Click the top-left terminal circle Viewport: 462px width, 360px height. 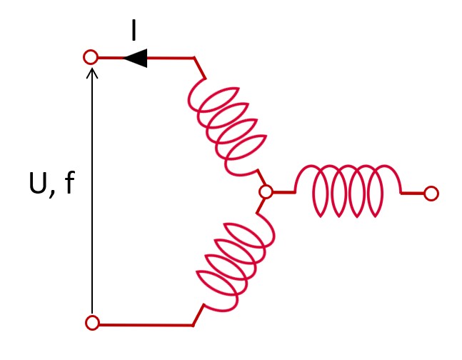click(x=91, y=57)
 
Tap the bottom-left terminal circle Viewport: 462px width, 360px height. click(x=92, y=323)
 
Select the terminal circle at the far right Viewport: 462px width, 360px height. click(x=431, y=193)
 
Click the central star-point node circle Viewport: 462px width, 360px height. click(x=266, y=192)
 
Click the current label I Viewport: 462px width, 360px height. click(x=134, y=31)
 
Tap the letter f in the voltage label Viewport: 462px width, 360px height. click(x=69, y=184)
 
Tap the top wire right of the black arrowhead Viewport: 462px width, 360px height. click(x=171, y=58)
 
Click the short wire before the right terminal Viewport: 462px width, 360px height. click(x=412, y=193)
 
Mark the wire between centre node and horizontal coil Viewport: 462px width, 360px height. click(x=283, y=192)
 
